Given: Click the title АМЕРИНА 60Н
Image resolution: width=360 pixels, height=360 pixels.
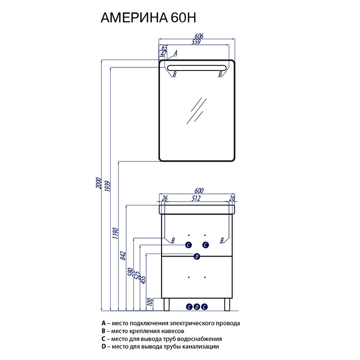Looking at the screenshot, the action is [x=148, y=17].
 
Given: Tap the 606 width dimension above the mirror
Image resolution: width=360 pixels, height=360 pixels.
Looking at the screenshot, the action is [x=199, y=37].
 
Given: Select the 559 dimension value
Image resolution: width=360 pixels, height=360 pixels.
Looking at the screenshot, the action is [x=196, y=42].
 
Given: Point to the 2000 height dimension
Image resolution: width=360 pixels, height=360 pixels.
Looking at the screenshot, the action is [x=99, y=183].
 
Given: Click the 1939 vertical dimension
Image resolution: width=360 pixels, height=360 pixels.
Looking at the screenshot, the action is [x=107, y=186].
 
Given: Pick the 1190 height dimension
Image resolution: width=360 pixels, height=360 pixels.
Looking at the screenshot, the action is [x=116, y=233].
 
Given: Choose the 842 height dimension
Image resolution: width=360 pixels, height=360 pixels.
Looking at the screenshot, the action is [x=123, y=256].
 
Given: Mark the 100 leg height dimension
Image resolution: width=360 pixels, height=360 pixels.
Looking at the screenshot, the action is [x=150, y=301].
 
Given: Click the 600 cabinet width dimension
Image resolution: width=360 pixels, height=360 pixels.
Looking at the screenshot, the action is [x=199, y=191].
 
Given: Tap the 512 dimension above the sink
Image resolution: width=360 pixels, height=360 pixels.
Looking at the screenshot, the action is [x=196, y=198].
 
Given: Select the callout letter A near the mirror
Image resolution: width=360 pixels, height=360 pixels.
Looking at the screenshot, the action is [x=175, y=53].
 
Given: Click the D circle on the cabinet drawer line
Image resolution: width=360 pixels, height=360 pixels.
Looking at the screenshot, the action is [x=197, y=257].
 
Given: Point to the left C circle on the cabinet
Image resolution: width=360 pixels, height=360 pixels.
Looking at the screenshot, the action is [x=189, y=245].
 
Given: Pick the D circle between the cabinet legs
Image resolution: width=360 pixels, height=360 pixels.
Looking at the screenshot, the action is [x=197, y=307].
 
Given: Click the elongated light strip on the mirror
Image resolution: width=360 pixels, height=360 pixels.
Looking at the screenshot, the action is [x=197, y=68].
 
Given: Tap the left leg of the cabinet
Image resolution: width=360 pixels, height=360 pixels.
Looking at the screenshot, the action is [x=167, y=304].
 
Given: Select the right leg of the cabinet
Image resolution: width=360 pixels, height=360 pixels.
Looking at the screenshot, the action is [x=227, y=304].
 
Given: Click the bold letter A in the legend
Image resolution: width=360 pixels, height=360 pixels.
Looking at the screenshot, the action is [x=104, y=323].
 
